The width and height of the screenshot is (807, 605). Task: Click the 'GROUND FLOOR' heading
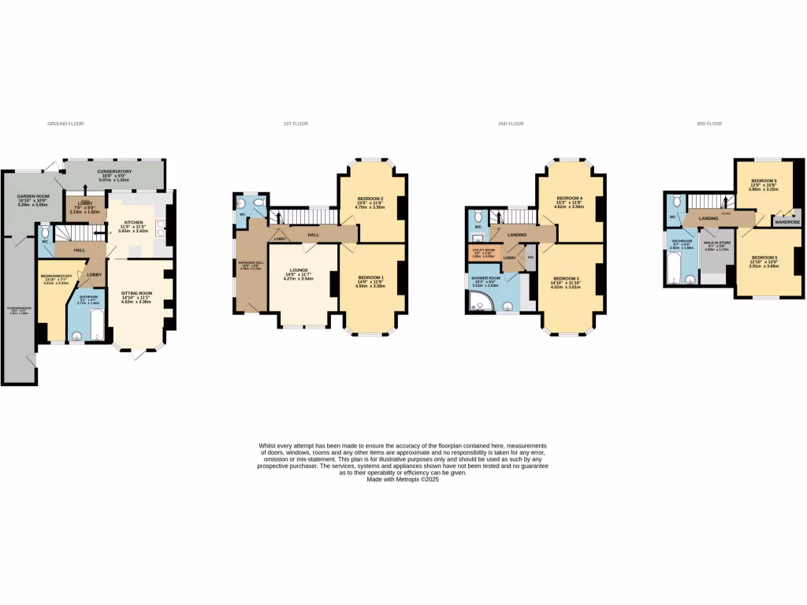click(65, 124)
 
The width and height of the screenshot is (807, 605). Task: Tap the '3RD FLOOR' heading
click(709, 124)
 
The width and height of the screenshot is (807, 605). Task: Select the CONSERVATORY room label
click(114, 171)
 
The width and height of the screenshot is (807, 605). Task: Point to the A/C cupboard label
click(530, 258)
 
